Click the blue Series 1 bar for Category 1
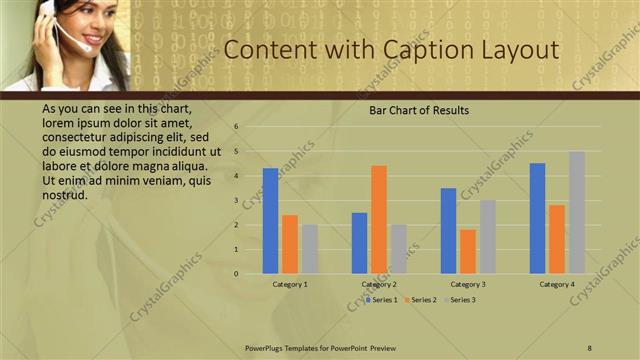click(270, 221)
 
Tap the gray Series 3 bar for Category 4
click(577, 212)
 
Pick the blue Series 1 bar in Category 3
click(448, 231)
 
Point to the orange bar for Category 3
click(467, 251)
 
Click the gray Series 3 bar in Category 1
click(310, 248)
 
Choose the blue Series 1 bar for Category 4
click(537, 218)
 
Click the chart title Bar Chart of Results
click(419, 110)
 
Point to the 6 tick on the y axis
click(236, 127)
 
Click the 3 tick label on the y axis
click(236, 200)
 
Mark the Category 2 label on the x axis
click(379, 284)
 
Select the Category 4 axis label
click(557, 284)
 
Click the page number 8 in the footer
click(589, 346)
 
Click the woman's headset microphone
click(85, 47)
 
